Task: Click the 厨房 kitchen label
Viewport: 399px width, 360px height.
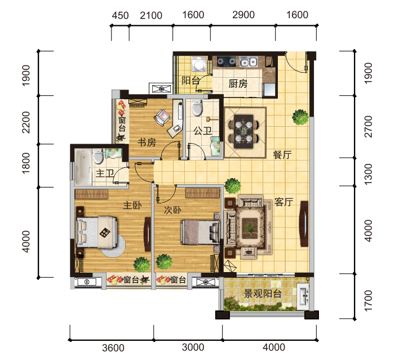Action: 238,83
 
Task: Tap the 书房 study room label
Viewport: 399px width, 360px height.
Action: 147,142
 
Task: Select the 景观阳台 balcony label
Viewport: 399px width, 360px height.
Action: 263,294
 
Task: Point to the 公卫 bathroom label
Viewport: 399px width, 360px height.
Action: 202,131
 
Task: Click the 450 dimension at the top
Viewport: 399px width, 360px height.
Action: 120,16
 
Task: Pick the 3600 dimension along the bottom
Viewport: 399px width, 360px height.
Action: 113,348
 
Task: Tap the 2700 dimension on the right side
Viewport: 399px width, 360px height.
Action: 369,126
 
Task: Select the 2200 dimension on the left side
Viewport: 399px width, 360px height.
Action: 26,122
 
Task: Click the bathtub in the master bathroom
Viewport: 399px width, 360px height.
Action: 83,167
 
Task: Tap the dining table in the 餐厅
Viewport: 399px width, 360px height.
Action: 243,131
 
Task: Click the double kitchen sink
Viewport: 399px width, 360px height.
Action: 249,61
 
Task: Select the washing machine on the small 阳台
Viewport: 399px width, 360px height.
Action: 199,64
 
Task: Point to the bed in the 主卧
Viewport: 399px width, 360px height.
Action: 97,232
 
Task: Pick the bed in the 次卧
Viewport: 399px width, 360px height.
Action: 200,232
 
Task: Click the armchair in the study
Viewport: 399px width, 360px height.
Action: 162,117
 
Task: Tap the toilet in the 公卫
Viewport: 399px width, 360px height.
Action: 197,108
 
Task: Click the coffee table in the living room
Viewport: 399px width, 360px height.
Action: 249,228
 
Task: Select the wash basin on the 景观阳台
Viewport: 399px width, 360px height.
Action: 303,296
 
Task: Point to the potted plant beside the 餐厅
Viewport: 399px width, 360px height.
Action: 300,117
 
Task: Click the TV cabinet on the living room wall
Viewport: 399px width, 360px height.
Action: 304,224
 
